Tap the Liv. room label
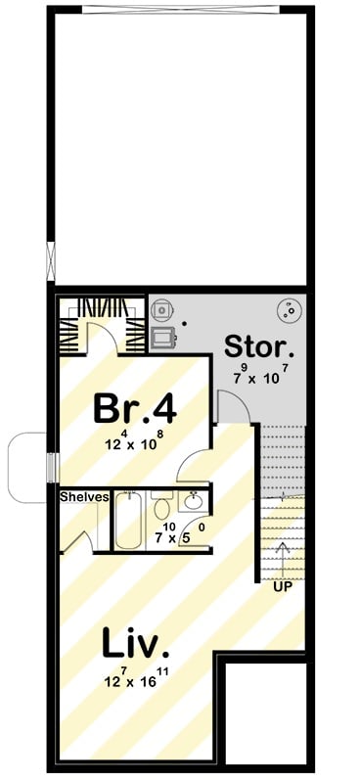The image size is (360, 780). (x=135, y=644)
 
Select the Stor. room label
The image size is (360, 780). (x=257, y=346)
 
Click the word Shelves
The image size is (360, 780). (x=82, y=496)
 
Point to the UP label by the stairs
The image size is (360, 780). (x=283, y=586)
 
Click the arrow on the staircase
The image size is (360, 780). (x=283, y=557)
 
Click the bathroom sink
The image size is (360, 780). (x=194, y=501)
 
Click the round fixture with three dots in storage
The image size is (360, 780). (x=289, y=311)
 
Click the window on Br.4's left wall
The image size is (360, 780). (x=52, y=467)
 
